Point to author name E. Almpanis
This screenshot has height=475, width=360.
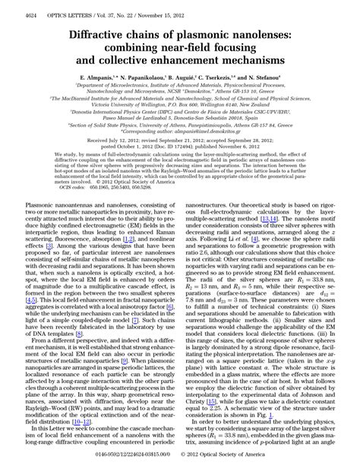(x=98, y=78)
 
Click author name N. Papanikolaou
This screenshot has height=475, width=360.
(x=152, y=78)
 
